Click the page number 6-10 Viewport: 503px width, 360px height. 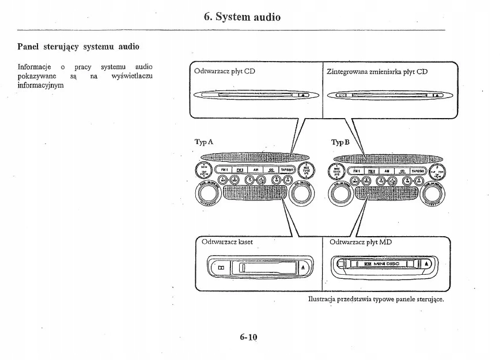(x=248, y=337)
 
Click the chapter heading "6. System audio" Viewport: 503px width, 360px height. (x=242, y=17)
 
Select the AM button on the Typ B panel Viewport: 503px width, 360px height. (x=387, y=170)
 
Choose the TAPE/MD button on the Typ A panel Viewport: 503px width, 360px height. (x=286, y=170)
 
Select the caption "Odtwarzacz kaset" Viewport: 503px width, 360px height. (x=228, y=241)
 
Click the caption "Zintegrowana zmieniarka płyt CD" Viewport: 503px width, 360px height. (x=377, y=72)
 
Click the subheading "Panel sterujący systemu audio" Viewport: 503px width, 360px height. (x=78, y=46)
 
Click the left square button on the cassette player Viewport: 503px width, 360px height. (x=221, y=268)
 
